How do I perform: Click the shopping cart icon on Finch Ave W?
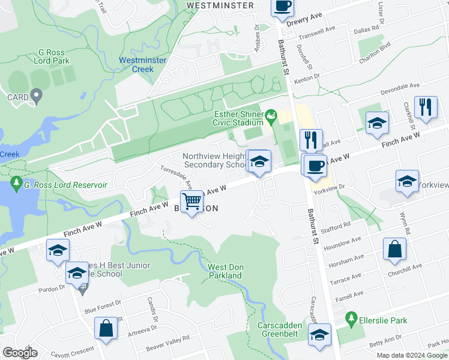click(x=192, y=202)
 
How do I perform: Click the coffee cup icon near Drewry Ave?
click(x=282, y=6)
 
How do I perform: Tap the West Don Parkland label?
click(x=224, y=271)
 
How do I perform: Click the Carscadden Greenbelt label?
click(x=283, y=330)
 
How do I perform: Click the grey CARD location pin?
click(x=36, y=95)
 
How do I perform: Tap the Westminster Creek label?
click(x=136, y=64)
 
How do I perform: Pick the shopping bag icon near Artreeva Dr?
click(x=106, y=328)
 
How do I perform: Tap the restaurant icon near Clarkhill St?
click(x=426, y=107)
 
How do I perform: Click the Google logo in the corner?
click(x=20, y=353)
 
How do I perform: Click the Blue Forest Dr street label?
click(x=103, y=310)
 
